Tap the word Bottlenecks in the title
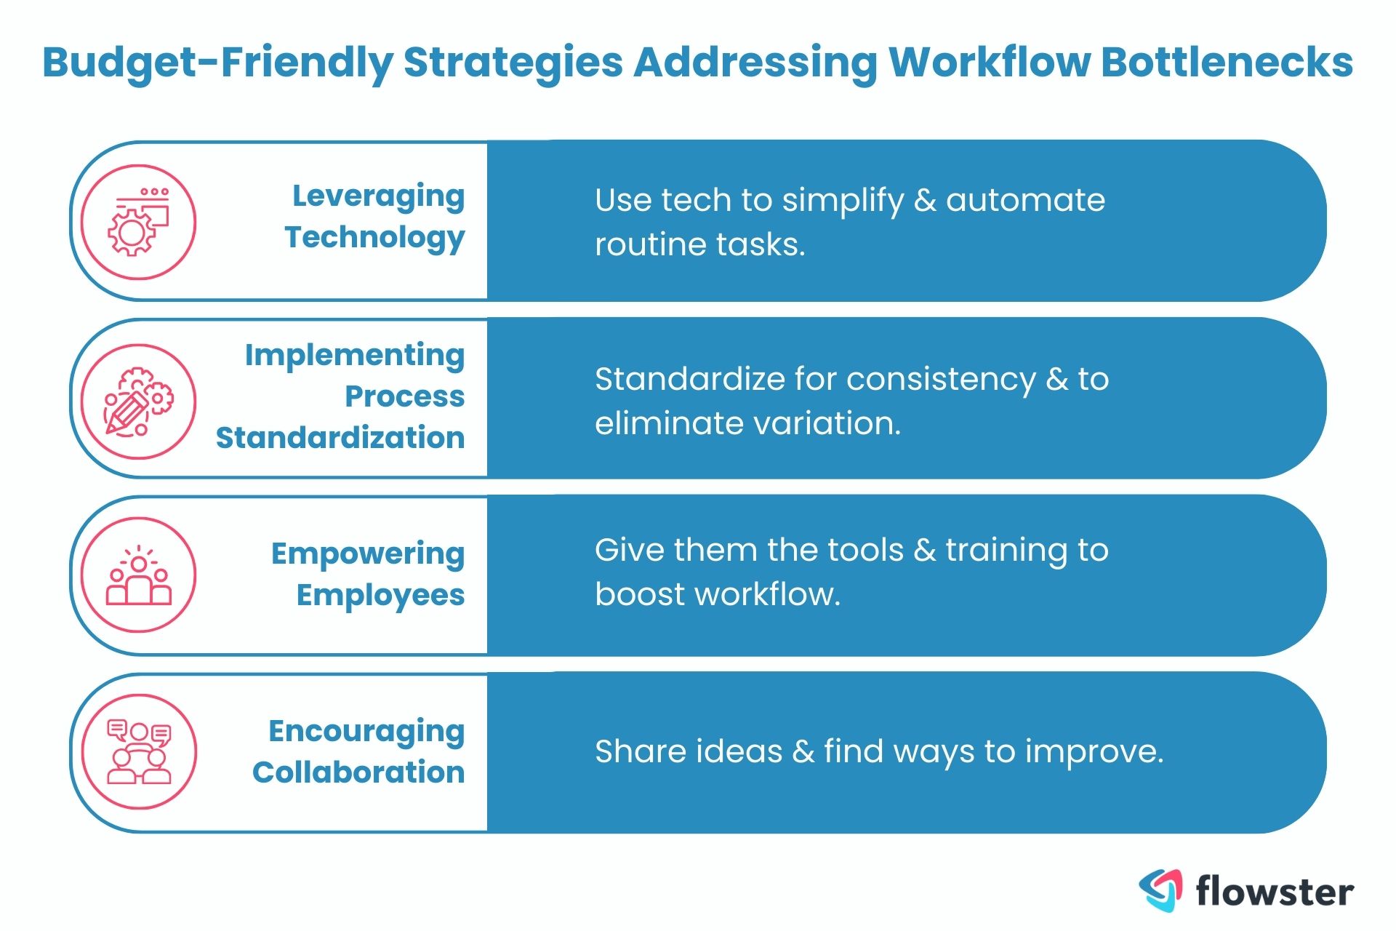point(1227,63)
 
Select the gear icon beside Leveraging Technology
point(138,222)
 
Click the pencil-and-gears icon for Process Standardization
point(138,401)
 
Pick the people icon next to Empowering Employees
point(138,575)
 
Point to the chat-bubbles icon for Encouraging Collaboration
point(138,751)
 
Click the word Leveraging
point(378,196)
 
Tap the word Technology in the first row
point(374,238)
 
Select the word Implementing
point(355,355)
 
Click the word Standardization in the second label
point(340,438)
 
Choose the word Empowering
point(368,554)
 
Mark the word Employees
point(380,596)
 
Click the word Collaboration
point(358,772)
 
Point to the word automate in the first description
point(1025,200)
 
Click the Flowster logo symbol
point(1160,890)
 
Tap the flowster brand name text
point(1275,892)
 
